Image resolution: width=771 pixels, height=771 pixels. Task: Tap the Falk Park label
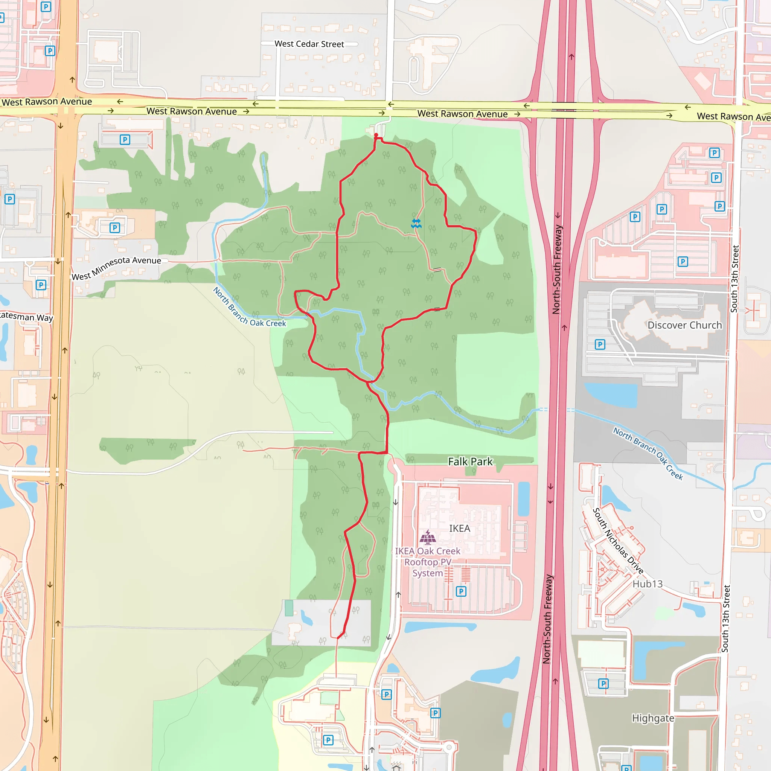coord(470,462)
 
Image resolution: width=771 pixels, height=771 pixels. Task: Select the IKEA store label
coord(459,528)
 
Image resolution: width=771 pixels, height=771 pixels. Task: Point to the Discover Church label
coord(684,325)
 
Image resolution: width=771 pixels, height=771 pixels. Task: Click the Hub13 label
coord(647,584)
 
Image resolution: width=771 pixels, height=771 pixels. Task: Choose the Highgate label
coord(653,718)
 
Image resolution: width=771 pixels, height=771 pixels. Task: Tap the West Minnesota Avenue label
coord(116,268)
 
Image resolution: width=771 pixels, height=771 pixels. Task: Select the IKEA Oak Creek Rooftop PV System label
coord(427,562)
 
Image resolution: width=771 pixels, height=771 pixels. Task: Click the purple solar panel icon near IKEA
coord(428,537)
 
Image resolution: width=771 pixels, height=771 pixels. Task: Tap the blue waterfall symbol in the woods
coord(416,224)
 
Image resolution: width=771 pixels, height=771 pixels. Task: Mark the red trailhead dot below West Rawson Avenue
coord(376,135)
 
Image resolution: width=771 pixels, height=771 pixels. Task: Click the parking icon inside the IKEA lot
coord(461,591)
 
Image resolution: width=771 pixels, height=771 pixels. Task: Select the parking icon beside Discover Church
coord(600,344)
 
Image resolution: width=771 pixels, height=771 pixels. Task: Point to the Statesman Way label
coord(26,317)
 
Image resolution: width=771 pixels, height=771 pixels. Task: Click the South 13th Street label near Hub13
coord(726,619)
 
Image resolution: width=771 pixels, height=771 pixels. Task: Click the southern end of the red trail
coord(338,638)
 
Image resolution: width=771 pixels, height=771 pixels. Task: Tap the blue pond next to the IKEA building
coord(523,498)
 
